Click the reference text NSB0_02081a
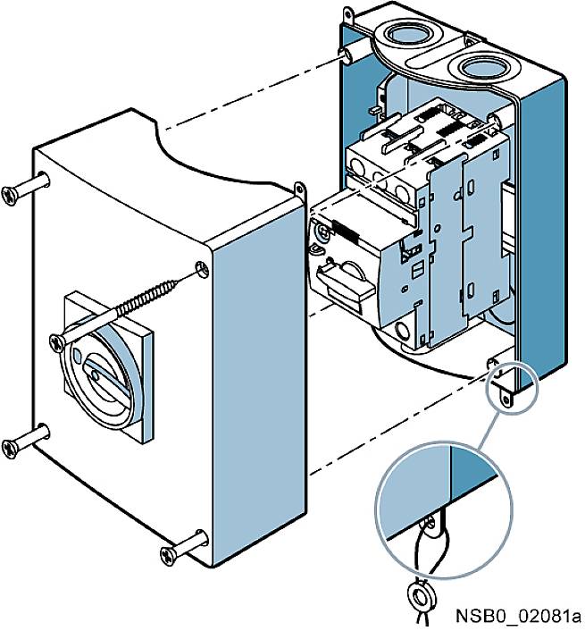click(517, 616)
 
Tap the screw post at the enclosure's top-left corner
click(347, 56)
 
